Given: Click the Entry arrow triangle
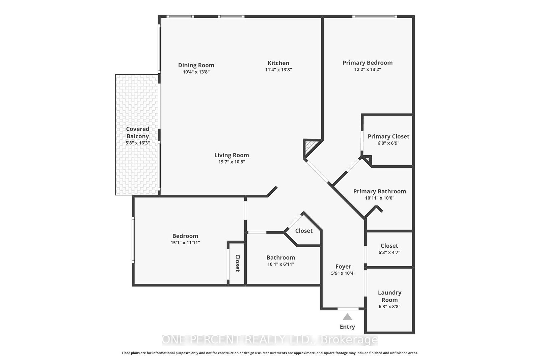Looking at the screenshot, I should click(x=347, y=317).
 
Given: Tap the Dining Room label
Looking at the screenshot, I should click(x=196, y=65).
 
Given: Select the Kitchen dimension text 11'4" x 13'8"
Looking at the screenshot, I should click(x=278, y=70).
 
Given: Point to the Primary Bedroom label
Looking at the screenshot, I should click(x=367, y=63).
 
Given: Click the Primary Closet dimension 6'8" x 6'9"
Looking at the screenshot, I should click(x=388, y=143).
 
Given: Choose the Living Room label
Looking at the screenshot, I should click(x=232, y=155).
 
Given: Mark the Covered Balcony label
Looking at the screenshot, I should click(x=137, y=133).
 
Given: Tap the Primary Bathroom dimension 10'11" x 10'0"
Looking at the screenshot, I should click(x=379, y=198).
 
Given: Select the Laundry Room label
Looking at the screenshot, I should click(x=389, y=296).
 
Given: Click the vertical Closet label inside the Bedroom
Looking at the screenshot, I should click(x=237, y=263).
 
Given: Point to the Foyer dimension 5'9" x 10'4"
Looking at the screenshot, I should click(x=343, y=273).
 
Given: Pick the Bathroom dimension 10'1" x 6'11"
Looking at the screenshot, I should click(x=280, y=264).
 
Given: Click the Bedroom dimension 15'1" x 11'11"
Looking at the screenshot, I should click(x=185, y=243).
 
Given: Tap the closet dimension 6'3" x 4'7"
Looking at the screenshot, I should click(x=389, y=252).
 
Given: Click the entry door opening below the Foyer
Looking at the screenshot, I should click(x=348, y=308).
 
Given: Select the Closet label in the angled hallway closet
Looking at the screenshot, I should click(x=304, y=231).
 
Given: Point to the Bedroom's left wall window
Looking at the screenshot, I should click(x=133, y=240).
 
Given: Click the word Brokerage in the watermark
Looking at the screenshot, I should click(x=349, y=340).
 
